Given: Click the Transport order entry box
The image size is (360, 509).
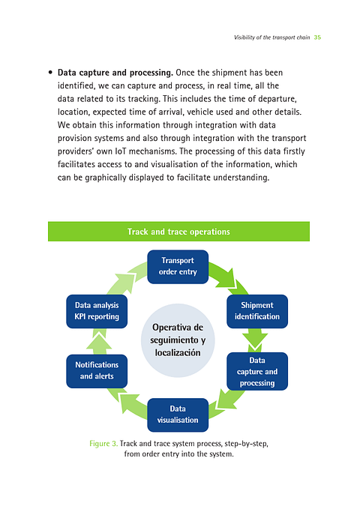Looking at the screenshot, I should (178, 266).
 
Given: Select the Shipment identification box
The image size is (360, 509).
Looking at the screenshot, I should (257, 310).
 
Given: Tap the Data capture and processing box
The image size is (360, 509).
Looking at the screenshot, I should (257, 371).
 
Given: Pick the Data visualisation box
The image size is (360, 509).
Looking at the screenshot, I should (178, 414).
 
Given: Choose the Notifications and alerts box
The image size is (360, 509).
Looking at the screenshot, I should (97, 370).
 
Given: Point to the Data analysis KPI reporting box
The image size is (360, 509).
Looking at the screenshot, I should (97, 310).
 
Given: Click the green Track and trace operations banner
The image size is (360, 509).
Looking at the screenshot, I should (178, 232).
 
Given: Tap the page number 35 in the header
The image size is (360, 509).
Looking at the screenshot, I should (317, 37).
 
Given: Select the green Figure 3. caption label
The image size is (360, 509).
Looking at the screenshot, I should (103, 444).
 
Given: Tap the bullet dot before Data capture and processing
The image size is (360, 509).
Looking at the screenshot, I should (49, 73).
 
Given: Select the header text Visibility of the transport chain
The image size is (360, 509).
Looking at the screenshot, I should (271, 37).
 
